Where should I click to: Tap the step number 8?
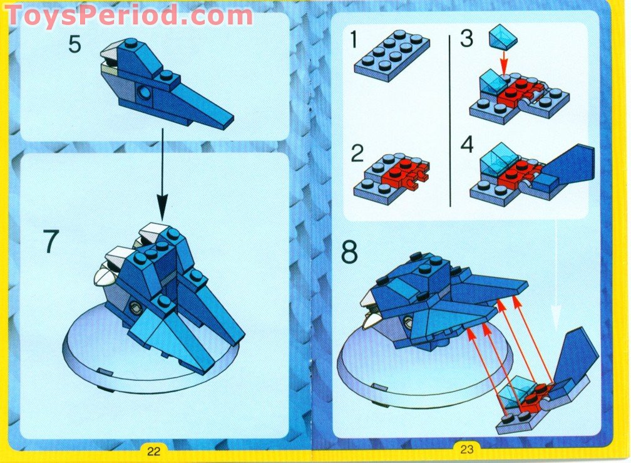350,252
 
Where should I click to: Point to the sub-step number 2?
357,153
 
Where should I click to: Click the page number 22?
154,450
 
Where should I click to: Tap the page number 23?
466,449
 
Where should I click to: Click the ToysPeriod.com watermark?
128,14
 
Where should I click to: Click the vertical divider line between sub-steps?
451,119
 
